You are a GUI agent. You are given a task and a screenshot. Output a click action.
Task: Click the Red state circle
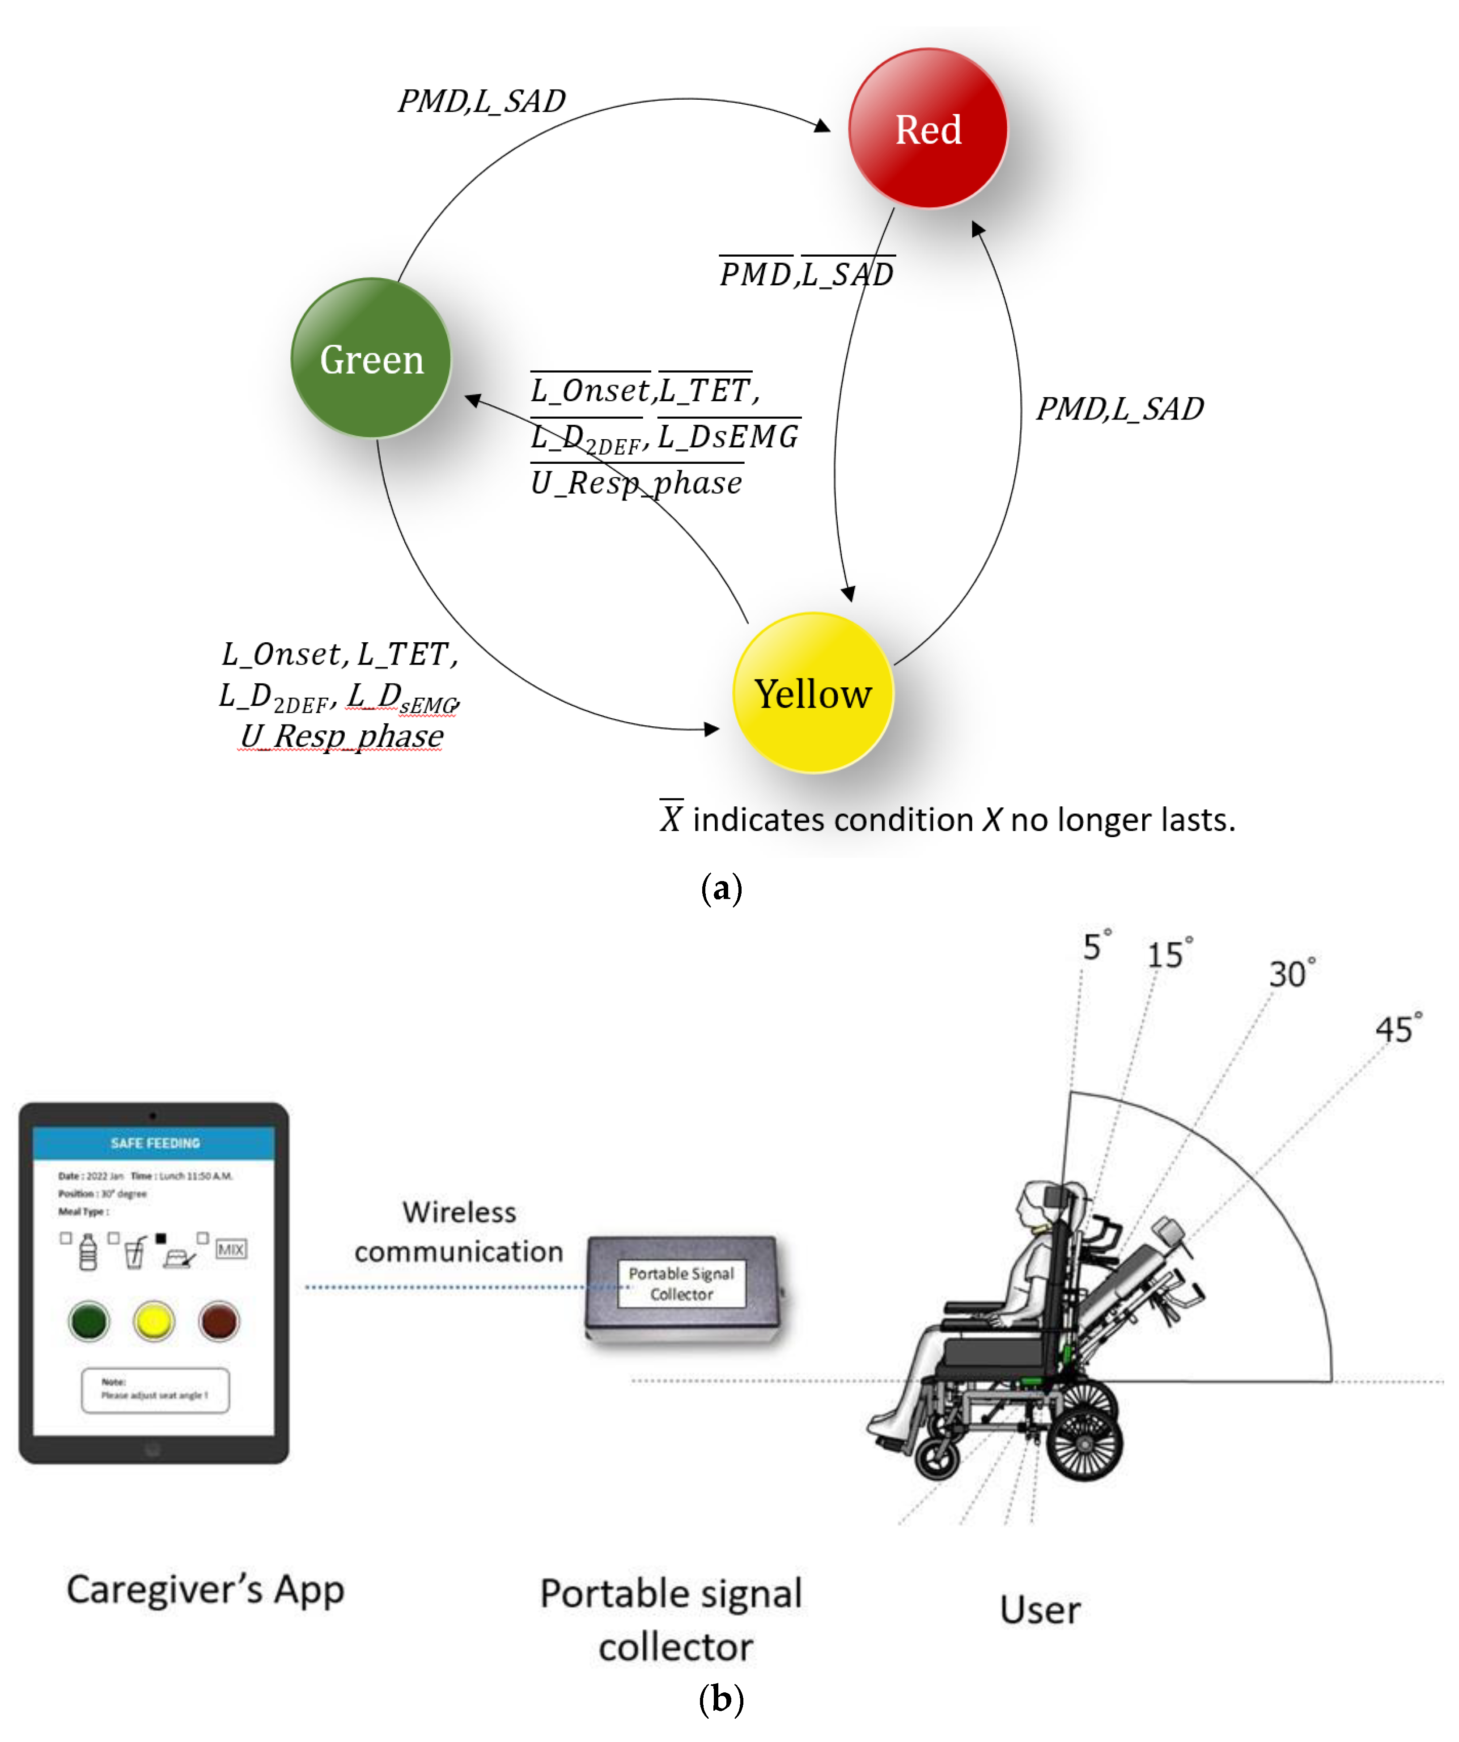click(x=928, y=128)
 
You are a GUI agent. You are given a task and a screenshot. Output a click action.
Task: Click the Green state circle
click(x=372, y=358)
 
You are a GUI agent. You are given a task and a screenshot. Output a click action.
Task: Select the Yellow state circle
click(x=813, y=694)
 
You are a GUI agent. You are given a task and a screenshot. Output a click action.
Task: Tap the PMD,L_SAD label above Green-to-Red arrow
click(x=481, y=101)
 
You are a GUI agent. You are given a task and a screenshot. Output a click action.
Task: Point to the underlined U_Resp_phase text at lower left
click(x=342, y=736)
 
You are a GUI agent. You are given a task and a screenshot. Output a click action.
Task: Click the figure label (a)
click(x=721, y=888)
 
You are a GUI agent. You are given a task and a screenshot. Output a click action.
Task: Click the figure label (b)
click(x=721, y=1700)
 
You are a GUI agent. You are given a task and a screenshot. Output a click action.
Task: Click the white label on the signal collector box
click(x=681, y=1283)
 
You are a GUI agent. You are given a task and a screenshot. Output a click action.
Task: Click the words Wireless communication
click(x=459, y=1232)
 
